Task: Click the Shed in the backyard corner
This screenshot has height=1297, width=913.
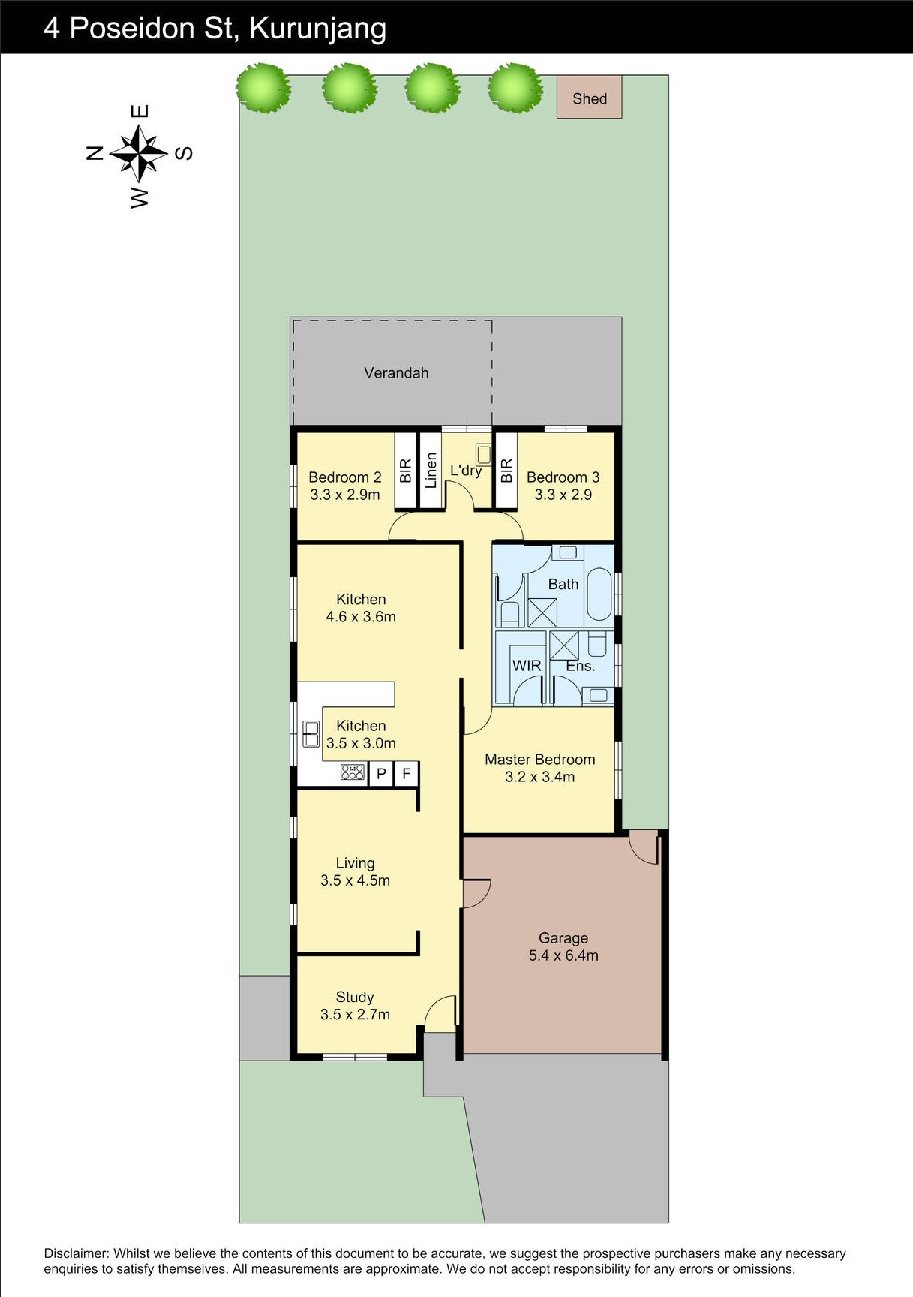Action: tap(589, 97)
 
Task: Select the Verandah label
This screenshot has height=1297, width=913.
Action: tap(396, 372)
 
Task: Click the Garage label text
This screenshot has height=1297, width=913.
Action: tap(563, 937)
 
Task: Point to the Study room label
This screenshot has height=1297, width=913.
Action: tap(355, 997)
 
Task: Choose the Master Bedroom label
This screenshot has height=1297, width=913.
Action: tap(540, 759)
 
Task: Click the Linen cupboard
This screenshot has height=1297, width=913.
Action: tap(430, 471)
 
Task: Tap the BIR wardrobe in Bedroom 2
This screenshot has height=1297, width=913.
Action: tap(405, 471)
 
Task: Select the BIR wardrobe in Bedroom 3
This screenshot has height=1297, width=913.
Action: tap(506, 471)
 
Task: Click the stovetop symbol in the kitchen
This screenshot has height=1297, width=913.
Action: tap(353, 772)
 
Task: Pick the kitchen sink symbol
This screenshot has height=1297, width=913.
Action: tap(311, 733)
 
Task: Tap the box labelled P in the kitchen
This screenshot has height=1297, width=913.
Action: tap(381, 773)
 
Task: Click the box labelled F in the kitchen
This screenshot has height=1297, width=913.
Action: tap(406, 773)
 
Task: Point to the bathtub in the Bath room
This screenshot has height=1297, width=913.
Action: tap(599, 594)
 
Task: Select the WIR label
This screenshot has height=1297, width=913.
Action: tap(527, 666)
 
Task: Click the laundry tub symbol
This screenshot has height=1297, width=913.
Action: tap(484, 454)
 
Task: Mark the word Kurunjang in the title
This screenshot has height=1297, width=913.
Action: tap(318, 29)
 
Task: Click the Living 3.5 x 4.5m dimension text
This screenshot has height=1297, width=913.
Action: tap(355, 880)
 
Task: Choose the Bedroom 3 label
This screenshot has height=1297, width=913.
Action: tap(563, 477)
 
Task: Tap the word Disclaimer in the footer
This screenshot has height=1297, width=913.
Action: tap(76, 1253)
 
